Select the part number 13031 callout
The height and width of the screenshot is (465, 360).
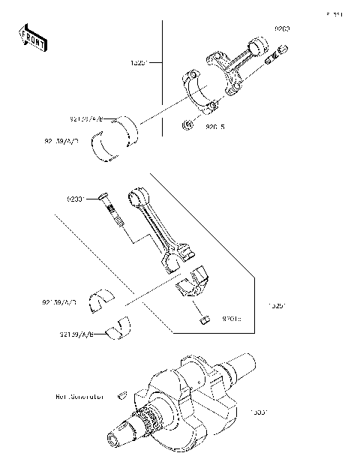tap(259, 411)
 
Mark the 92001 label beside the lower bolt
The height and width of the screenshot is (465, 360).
tap(77, 199)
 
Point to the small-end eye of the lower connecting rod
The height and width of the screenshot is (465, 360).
tap(136, 198)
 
